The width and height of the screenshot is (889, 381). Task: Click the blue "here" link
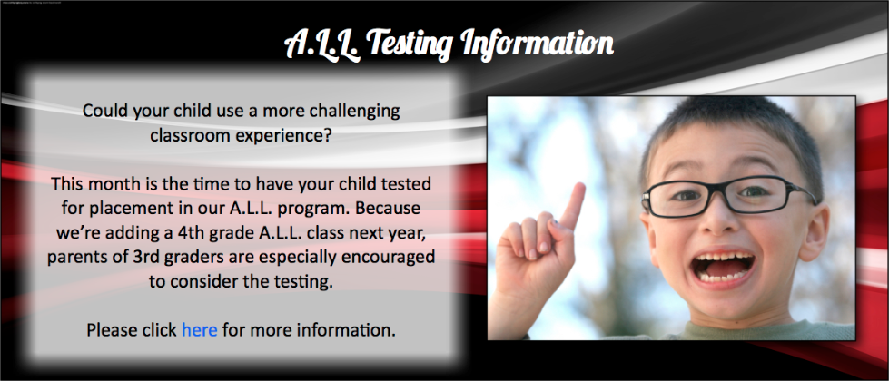(199, 329)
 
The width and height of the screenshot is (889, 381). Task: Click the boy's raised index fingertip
(578, 188)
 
